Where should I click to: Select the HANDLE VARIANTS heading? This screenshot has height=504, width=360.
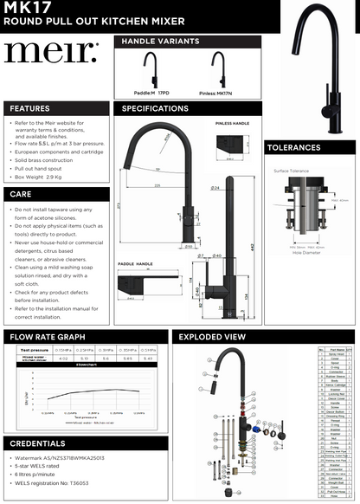[160, 41]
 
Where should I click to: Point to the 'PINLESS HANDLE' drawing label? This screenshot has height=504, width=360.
[231, 125]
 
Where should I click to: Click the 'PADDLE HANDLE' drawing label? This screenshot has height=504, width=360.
[135, 263]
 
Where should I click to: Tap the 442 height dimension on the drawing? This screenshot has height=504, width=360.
[251, 246]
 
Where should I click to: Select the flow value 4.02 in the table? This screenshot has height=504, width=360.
[61, 357]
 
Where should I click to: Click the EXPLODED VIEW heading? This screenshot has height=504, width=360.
[211, 337]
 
